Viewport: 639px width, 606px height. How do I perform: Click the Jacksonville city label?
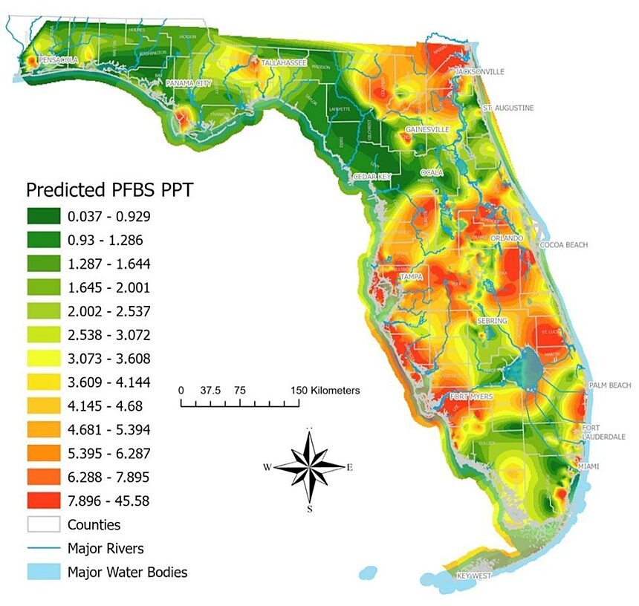[479, 71]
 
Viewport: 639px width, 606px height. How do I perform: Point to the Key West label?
[474, 576]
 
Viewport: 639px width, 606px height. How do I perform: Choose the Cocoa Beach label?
[563, 244]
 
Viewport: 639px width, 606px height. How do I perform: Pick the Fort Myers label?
[471, 397]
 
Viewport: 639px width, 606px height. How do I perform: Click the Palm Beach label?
[609, 385]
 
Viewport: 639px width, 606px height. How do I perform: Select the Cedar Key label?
[372, 176]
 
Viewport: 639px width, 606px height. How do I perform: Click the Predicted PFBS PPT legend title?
[109, 190]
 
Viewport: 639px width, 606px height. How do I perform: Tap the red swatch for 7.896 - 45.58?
[43, 501]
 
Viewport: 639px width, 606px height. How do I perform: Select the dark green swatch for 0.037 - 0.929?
[43, 216]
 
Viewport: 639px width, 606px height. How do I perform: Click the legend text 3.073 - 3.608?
[108, 359]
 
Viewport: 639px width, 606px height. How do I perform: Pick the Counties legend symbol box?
[43, 524]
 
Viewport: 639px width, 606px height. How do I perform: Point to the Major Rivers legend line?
[43, 549]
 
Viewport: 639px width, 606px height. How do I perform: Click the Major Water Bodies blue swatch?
[43, 573]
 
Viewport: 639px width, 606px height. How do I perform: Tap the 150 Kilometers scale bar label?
[325, 390]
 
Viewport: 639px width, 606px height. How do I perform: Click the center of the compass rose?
[310, 467]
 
